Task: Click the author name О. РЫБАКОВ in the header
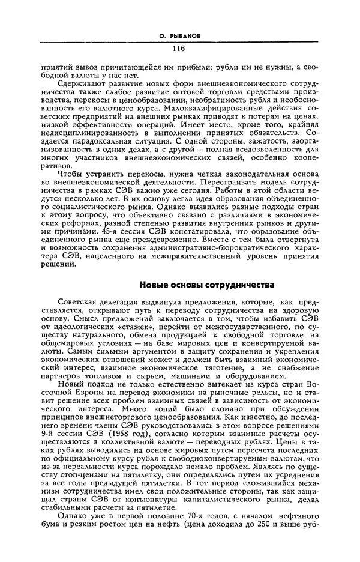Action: [x=178, y=36]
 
